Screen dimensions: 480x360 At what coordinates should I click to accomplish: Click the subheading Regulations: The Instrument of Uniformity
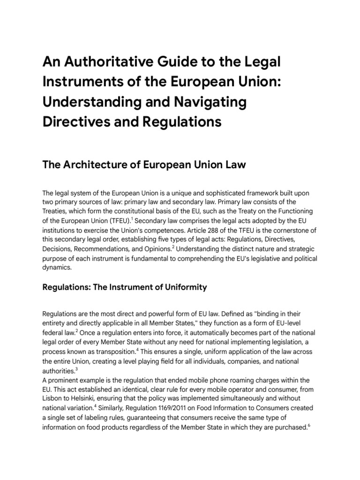click(125, 287)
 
